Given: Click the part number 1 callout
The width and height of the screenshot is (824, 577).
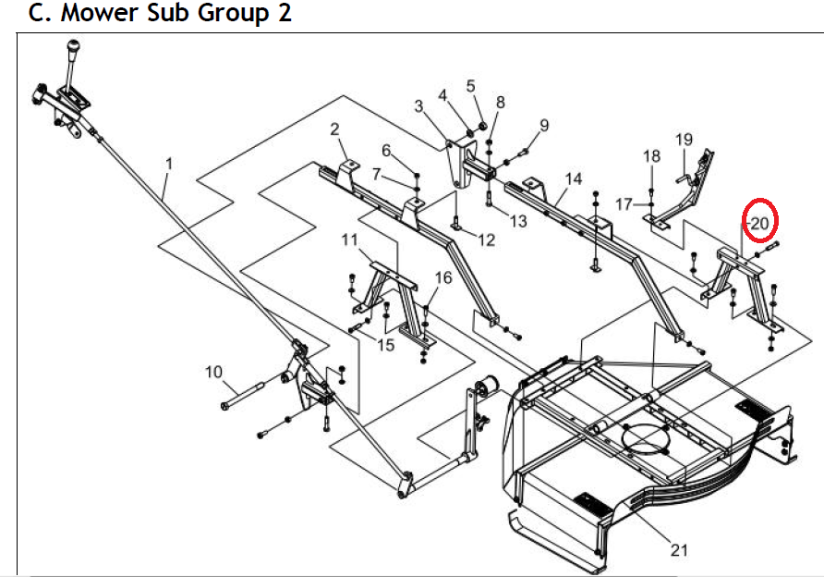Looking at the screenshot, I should coord(169,165).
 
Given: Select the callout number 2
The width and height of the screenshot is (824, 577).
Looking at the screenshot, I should coord(334,129).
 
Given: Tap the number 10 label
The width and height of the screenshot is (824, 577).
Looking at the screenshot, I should coord(214,372).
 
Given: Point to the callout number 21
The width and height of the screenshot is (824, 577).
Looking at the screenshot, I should coord(679,550).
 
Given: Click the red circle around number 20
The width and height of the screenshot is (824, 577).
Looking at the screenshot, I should coord(761,222).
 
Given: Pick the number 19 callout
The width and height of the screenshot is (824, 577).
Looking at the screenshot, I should coord(683,141).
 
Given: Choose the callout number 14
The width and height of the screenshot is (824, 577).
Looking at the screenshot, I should coord(574,178).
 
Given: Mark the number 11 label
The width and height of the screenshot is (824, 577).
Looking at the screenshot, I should coord(349,240).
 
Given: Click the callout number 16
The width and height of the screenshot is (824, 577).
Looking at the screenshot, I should coord(443,277).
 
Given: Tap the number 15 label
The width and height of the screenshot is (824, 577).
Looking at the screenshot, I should coord(384,345).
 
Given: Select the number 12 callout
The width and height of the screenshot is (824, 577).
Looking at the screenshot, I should coord(486,239).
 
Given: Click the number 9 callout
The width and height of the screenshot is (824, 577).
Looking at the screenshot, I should coord(544,125).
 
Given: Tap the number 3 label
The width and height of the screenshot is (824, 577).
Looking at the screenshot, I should coord(418,106).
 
